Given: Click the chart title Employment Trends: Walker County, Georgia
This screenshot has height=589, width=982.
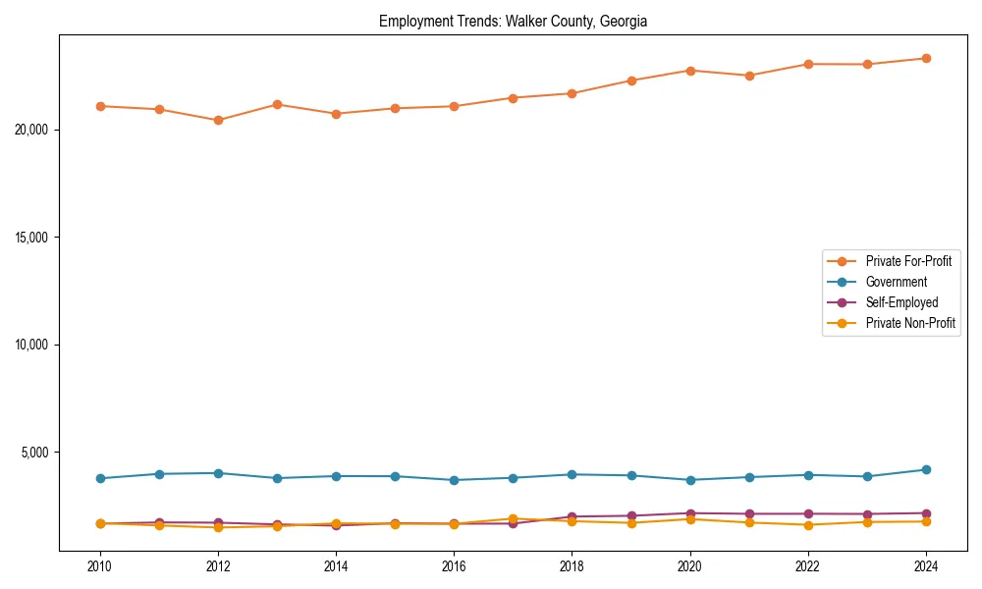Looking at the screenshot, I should pyautogui.click(x=513, y=21).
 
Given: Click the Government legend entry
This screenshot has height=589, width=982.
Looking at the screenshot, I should pyautogui.click(x=896, y=282).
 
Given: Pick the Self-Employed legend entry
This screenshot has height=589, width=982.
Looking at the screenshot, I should pyautogui.click(x=901, y=302).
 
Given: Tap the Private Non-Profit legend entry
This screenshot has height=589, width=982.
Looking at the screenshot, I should pyautogui.click(x=910, y=323).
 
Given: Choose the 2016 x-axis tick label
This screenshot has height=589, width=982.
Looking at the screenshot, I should pyautogui.click(x=454, y=566).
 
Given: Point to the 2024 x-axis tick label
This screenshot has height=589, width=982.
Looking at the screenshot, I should pyautogui.click(x=926, y=566).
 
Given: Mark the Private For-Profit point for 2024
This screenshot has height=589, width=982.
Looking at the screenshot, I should pyautogui.click(x=926, y=58).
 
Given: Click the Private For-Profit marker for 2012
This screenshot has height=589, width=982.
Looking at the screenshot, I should pyautogui.click(x=218, y=120).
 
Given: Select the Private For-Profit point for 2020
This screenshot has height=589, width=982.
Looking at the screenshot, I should pyautogui.click(x=690, y=71).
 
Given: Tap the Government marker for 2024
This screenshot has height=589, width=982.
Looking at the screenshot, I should pyautogui.click(x=926, y=469).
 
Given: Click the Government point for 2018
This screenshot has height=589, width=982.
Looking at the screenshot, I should pyautogui.click(x=572, y=474).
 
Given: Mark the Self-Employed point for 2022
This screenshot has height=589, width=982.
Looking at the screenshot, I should pyautogui.click(x=808, y=513).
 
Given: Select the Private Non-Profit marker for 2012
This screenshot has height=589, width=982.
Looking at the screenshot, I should pyautogui.click(x=218, y=527).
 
